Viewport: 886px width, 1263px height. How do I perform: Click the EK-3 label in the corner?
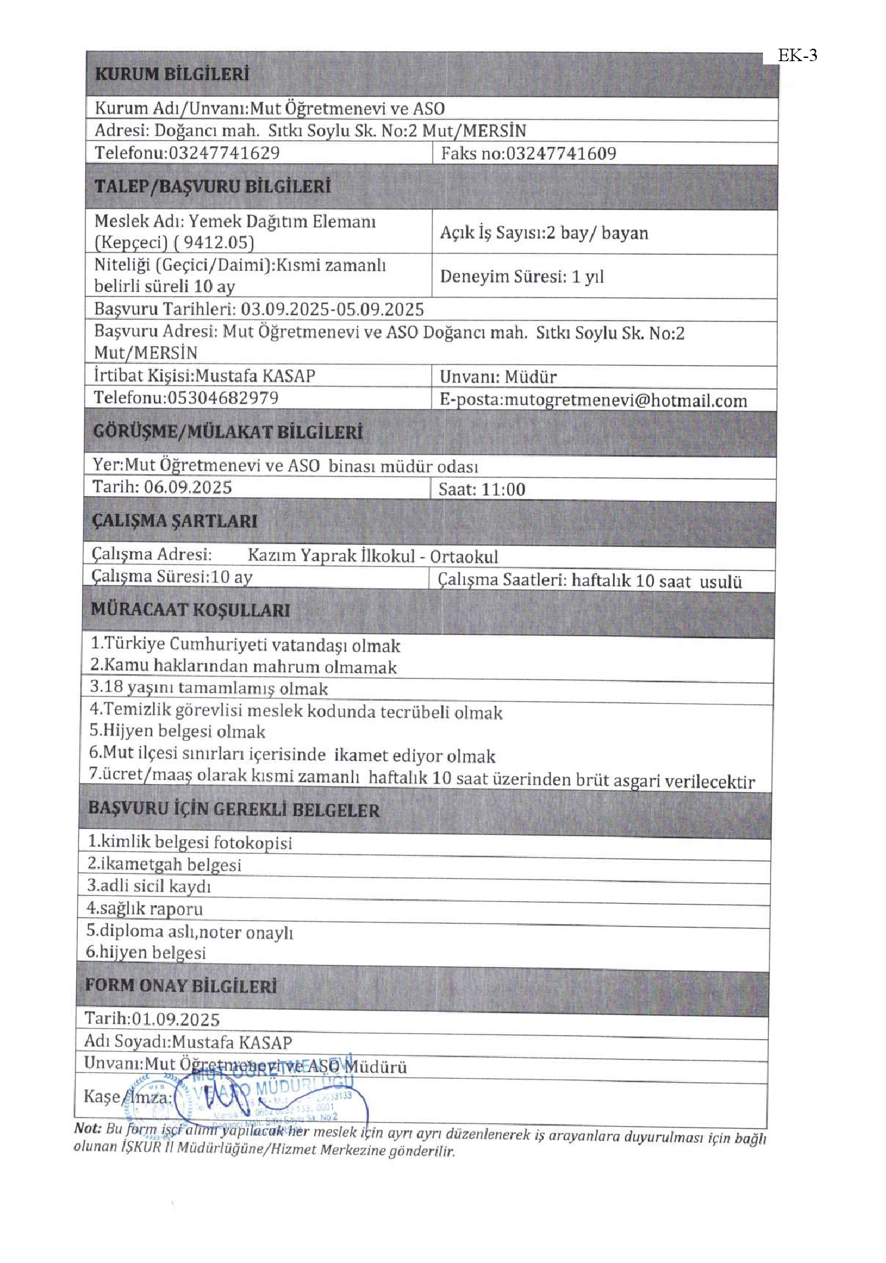[x=797, y=56]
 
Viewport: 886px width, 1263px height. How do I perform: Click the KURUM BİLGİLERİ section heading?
[x=172, y=74]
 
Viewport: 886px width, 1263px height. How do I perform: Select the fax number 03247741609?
[x=560, y=154]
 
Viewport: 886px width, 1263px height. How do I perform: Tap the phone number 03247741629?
[x=224, y=153]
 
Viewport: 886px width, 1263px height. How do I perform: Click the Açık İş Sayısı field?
[x=543, y=233]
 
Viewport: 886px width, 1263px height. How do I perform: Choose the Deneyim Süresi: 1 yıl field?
[x=521, y=276]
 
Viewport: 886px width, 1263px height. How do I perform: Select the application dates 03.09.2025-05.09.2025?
[x=332, y=309]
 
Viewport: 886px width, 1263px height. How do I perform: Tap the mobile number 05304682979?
[x=222, y=398]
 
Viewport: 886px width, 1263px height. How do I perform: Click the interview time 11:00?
[x=503, y=489]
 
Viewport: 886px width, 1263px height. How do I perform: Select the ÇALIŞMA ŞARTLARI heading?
[x=174, y=521]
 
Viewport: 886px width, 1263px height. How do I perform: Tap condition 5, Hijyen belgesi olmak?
[x=177, y=731]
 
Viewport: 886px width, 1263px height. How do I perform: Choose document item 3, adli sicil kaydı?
[x=149, y=886]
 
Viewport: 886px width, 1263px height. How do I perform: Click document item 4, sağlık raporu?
[x=145, y=909]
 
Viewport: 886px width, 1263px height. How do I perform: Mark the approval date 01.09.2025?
[x=175, y=1019]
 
